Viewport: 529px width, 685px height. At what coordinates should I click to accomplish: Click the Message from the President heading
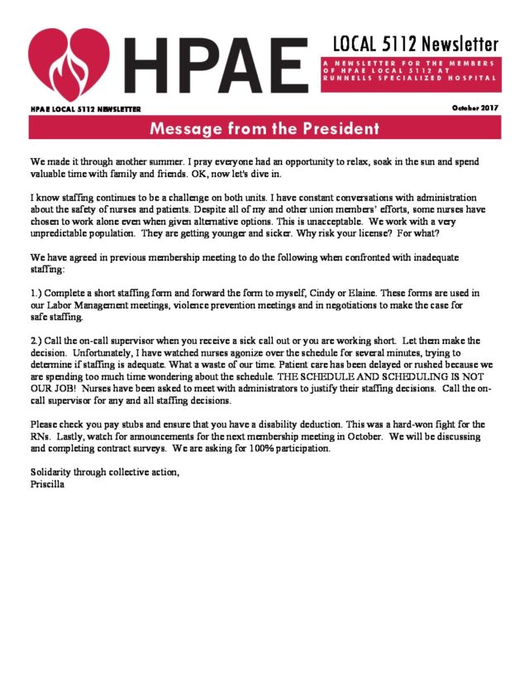[264, 129]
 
